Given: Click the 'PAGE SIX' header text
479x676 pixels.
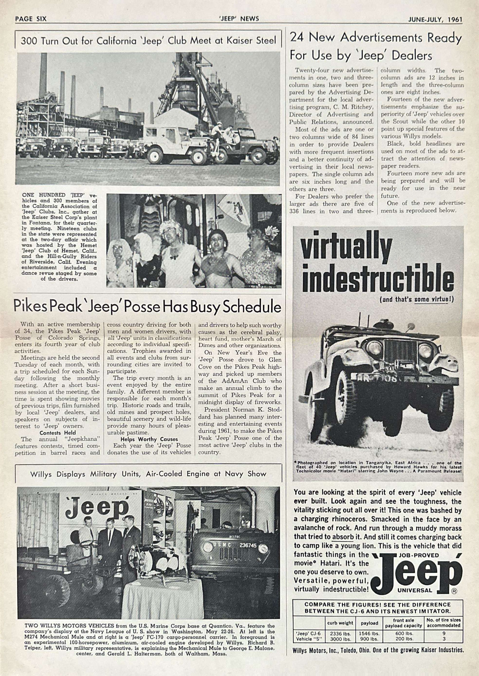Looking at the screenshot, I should [31, 19].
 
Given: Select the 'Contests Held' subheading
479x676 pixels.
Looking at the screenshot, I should [57, 433].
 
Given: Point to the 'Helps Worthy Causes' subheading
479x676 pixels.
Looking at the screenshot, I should [149, 439].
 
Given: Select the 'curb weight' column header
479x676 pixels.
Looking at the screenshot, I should [340, 623].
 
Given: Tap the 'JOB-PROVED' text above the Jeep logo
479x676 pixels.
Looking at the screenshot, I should [419, 555].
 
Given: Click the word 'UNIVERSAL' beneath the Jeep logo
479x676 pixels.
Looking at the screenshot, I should [414, 590].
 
